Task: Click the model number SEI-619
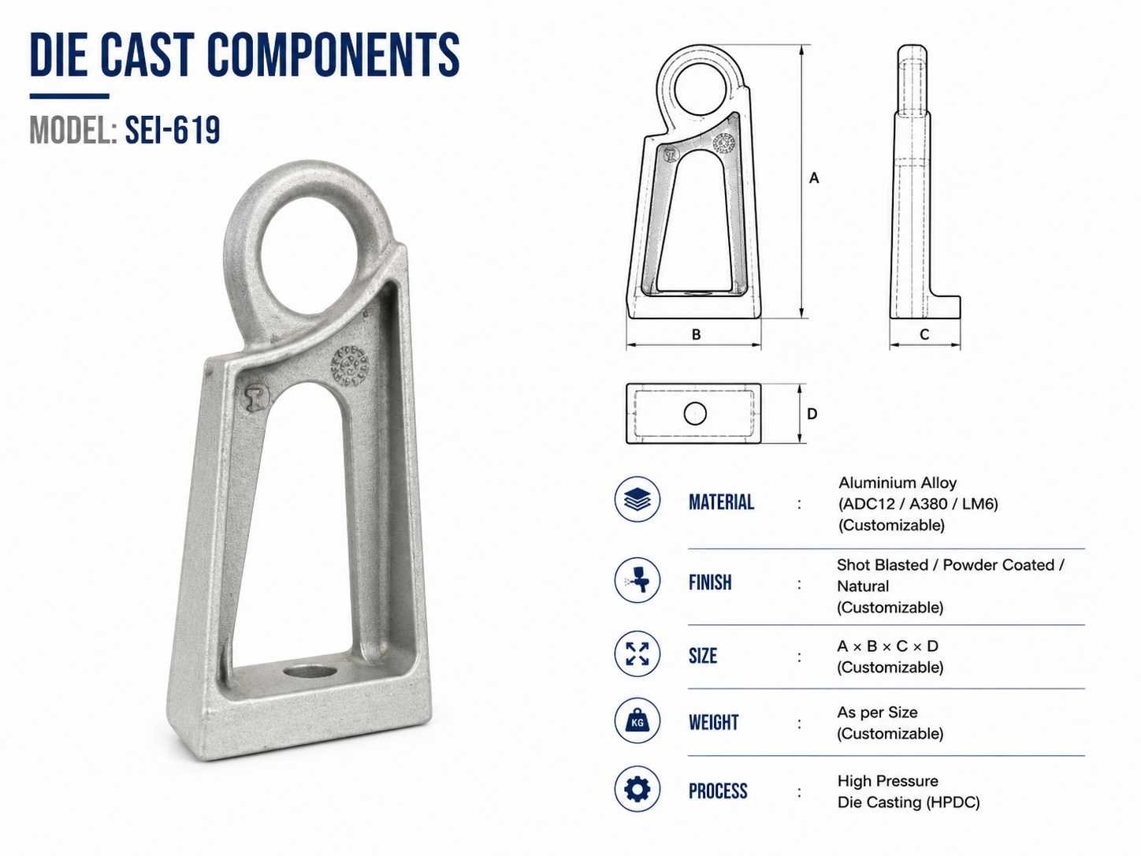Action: tap(173, 130)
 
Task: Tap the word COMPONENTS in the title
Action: tap(333, 54)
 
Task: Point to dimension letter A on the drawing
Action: tap(814, 178)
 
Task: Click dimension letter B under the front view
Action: tap(696, 335)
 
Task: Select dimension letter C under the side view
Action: tap(924, 335)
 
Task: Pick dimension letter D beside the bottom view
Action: tap(812, 414)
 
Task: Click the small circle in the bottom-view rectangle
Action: tap(695, 414)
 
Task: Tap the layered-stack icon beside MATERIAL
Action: tap(637, 500)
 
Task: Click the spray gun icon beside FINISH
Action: tap(637, 579)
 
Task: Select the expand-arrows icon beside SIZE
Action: tap(637, 653)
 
